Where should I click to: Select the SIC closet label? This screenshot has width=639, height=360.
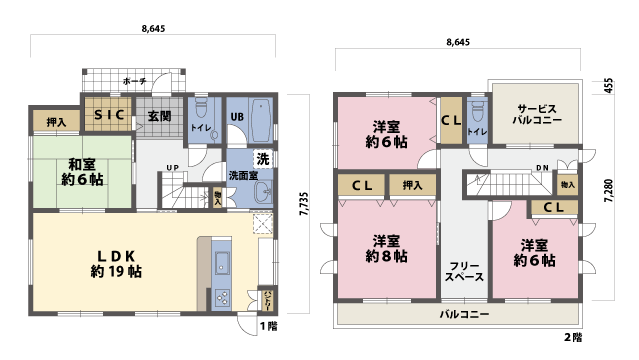(108, 115)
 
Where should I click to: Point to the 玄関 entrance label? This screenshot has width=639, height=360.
(160, 115)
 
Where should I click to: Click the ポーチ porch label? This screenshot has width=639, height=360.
(134, 80)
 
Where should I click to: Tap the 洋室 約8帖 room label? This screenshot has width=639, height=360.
(387, 248)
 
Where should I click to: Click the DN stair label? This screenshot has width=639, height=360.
(541, 167)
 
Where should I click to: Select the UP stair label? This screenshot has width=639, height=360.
(172, 167)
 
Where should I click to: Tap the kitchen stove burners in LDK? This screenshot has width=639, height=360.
(222, 298)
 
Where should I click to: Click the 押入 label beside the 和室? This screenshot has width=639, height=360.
(56, 121)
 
